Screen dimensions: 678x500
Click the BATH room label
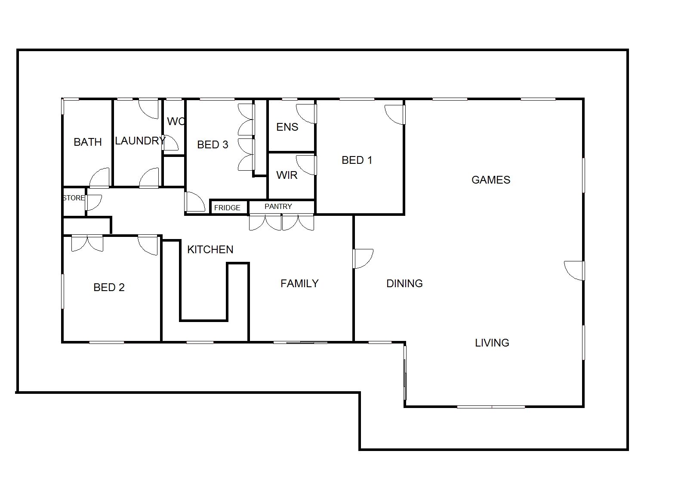click(88, 142)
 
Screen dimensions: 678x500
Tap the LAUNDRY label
click(140, 141)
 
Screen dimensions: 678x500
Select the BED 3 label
click(213, 144)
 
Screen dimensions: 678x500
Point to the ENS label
click(287, 127)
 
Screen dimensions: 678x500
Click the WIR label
click(287, 175)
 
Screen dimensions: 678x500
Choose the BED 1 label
click(357, 160)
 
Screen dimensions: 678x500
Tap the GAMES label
click(491, 180)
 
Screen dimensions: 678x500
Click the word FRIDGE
click(227, 208)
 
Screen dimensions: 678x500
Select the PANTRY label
click(278, 207)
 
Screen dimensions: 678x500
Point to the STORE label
click(74, 198)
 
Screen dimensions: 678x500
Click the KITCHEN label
click(210, 250)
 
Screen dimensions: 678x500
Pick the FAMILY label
click(299, 284)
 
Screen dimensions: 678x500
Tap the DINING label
click(404, 284)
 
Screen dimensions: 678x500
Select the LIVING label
click(492, 343)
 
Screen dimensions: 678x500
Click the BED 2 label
click(109, 287)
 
